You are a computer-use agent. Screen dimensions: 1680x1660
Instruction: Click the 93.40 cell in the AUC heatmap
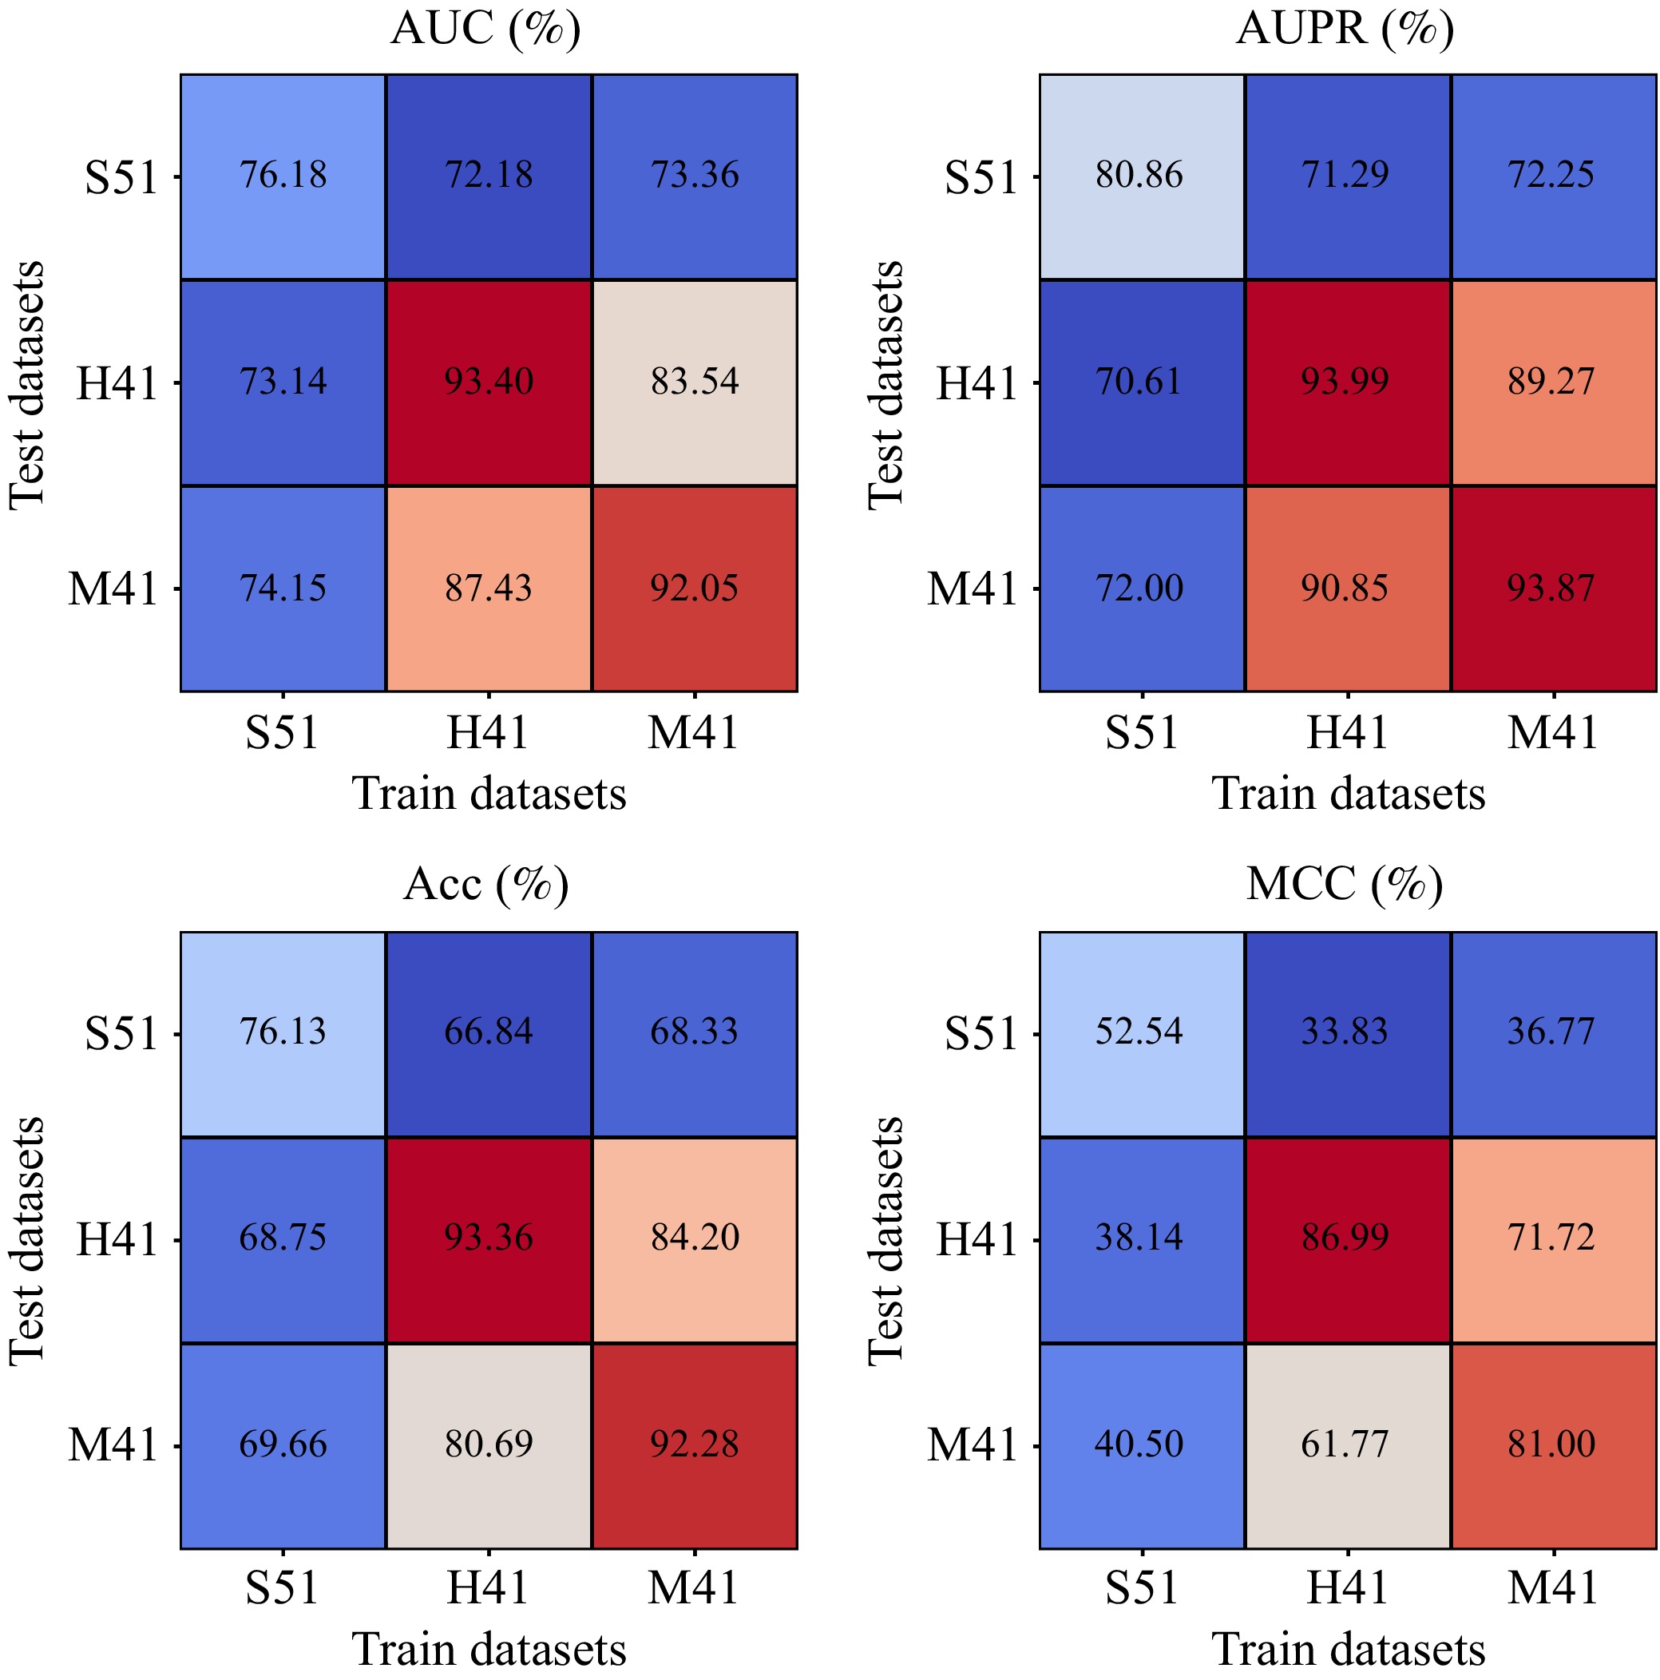tap(489, 382)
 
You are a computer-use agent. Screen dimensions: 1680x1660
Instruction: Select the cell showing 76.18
tap(283, 176)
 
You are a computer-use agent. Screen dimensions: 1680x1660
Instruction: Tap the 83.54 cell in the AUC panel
tap(694, 382)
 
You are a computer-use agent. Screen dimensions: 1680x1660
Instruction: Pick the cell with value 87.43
tap(489, 588)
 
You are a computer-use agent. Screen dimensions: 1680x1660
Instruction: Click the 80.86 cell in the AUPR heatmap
tap(1140, 176)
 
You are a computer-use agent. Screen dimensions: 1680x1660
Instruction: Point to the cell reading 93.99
tap(1345, 382)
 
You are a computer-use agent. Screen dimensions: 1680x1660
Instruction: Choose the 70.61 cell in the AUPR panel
tap(1140, 382)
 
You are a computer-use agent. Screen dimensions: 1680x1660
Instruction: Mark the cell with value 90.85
tap(1345, 588)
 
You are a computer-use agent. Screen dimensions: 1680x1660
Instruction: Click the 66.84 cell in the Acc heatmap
tap(489, 1032)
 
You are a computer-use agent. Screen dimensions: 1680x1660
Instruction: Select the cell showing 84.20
tap(694, 1238)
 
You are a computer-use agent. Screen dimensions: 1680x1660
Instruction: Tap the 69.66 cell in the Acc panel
tap(283, 1444)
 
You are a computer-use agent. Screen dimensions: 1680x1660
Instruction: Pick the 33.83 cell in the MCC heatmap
tap(1345, 1032)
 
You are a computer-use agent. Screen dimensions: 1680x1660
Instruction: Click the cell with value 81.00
tap(1551, 1444)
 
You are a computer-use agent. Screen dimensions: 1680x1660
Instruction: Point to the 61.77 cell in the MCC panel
tap(1345, 1444)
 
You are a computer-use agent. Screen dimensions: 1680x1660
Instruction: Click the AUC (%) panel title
tap(486, 30)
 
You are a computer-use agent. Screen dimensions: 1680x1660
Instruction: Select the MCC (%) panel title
tap(1345, 885)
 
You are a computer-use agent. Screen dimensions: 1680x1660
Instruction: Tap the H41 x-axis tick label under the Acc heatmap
tap(488, 1587)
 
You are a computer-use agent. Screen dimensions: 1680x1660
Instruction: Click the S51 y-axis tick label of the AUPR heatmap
tap(981, 177)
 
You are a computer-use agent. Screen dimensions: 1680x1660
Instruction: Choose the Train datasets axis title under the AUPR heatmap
tap(1348, 793)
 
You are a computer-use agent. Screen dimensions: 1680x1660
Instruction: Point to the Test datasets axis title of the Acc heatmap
tap(27, 1241)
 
